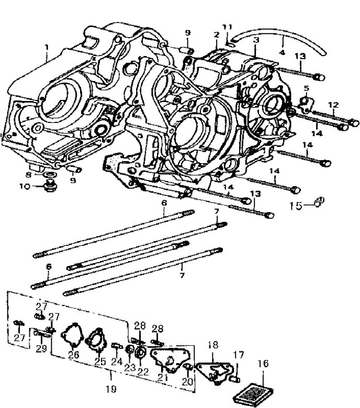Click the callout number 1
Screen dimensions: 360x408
[47, 48]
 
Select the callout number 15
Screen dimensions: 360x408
[296, 206]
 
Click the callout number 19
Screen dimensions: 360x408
[111, 389]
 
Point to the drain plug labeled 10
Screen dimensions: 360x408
[49, 186]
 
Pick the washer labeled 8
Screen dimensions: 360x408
[49, 174]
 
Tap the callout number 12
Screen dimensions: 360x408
[333, 105]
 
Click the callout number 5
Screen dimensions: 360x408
[307, 88]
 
